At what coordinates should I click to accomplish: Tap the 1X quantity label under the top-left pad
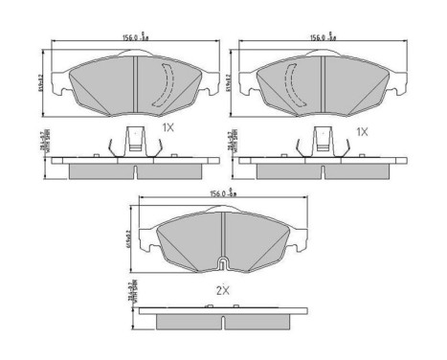[x=168, y=126]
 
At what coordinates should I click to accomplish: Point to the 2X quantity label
[x=222, y=287]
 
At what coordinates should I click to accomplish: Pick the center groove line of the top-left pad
[x=137, y=80]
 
